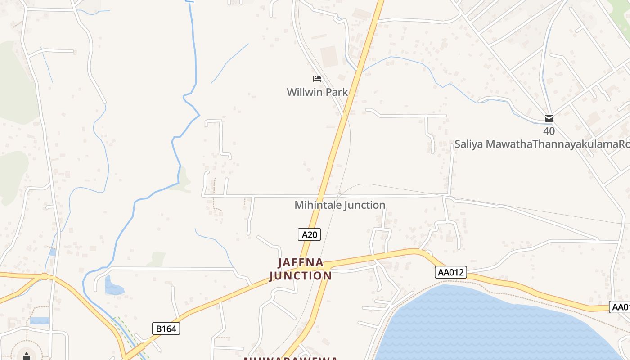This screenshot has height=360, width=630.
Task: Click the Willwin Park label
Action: tap(317, 92)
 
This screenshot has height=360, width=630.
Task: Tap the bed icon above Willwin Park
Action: tap(317, 79)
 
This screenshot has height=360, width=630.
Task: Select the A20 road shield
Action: tap(309, 234)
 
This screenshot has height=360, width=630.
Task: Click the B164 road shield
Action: tap(166, 328)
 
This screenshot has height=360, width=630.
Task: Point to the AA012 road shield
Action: tap(451, 272)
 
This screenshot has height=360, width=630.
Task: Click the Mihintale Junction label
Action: tap(340, 205)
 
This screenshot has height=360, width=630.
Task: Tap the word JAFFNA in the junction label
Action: tap(301, 262)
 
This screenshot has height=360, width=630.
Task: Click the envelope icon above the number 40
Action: tap(549, 118)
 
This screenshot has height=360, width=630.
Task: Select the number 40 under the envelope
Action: tap(549, 131)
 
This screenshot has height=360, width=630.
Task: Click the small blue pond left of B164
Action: tap(113, 287)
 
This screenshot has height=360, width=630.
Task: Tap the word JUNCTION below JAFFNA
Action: tap(301, 275)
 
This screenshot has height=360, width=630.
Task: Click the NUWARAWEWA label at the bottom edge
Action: tap(291, 358)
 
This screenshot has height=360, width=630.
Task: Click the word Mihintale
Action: tap(318, 205)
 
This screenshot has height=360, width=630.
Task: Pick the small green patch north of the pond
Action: tap(157, 259)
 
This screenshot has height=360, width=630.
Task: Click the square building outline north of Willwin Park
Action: tap(329, 57)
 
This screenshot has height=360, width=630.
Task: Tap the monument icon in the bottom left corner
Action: tap(27, 356)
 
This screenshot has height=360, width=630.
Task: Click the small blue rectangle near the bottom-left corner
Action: tap(40, 321)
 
